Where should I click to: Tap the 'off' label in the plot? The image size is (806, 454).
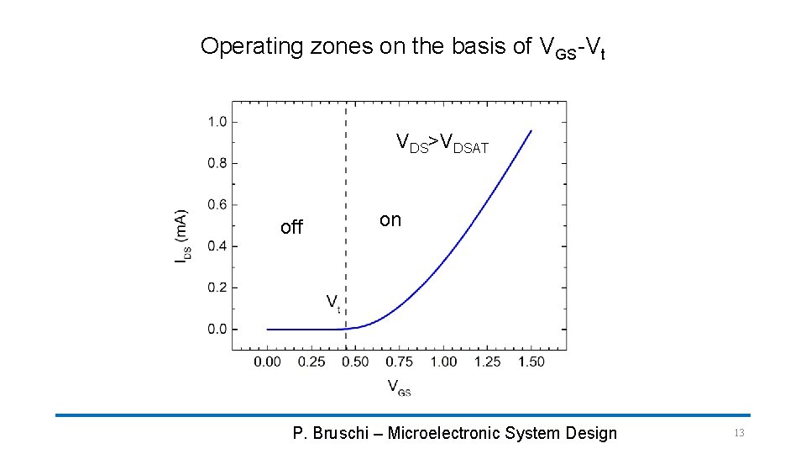coord(291,227)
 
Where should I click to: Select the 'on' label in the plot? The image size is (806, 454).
coord(390,220)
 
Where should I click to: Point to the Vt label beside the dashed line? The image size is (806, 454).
coord(332,302)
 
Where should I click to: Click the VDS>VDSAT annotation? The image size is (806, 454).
coord(442,144)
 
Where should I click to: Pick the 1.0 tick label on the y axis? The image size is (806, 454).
coord(217,122)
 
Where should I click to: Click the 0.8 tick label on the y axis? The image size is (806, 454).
coord(217,163)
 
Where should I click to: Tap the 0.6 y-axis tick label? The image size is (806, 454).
coord(217,204)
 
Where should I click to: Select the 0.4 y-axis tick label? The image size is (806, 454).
coord(217,246)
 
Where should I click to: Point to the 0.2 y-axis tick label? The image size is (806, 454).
coord(217,288)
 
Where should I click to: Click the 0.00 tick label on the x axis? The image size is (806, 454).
coord(267,362)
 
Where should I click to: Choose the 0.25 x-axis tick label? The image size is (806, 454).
coord(311,362)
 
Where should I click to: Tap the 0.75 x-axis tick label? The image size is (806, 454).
coord(400,362)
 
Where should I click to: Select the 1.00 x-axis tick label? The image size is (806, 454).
coord(443,362)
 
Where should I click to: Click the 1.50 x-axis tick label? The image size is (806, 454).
coord(531,362)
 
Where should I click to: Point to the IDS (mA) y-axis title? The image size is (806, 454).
coord(181,237)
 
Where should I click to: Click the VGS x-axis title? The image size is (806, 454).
coord(399,388)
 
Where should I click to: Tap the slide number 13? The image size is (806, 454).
coord(739,433)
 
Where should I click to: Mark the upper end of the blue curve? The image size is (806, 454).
coord(531,130)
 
